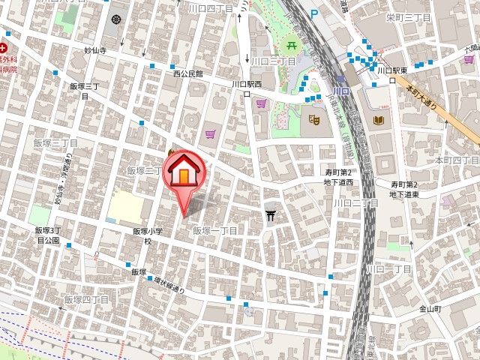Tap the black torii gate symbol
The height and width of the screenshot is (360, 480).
tap(271, 217)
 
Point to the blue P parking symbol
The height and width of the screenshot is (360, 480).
tap(313, 13)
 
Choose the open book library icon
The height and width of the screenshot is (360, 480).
tap(378, 120)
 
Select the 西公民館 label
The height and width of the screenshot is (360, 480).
tap(187, 74)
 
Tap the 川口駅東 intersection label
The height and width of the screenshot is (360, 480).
tap(391, 71)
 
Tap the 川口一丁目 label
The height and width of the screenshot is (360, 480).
tap(388, 269)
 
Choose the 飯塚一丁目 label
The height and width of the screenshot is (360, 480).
tap(215, 230)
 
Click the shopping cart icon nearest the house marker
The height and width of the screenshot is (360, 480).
tap(211, 134)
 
